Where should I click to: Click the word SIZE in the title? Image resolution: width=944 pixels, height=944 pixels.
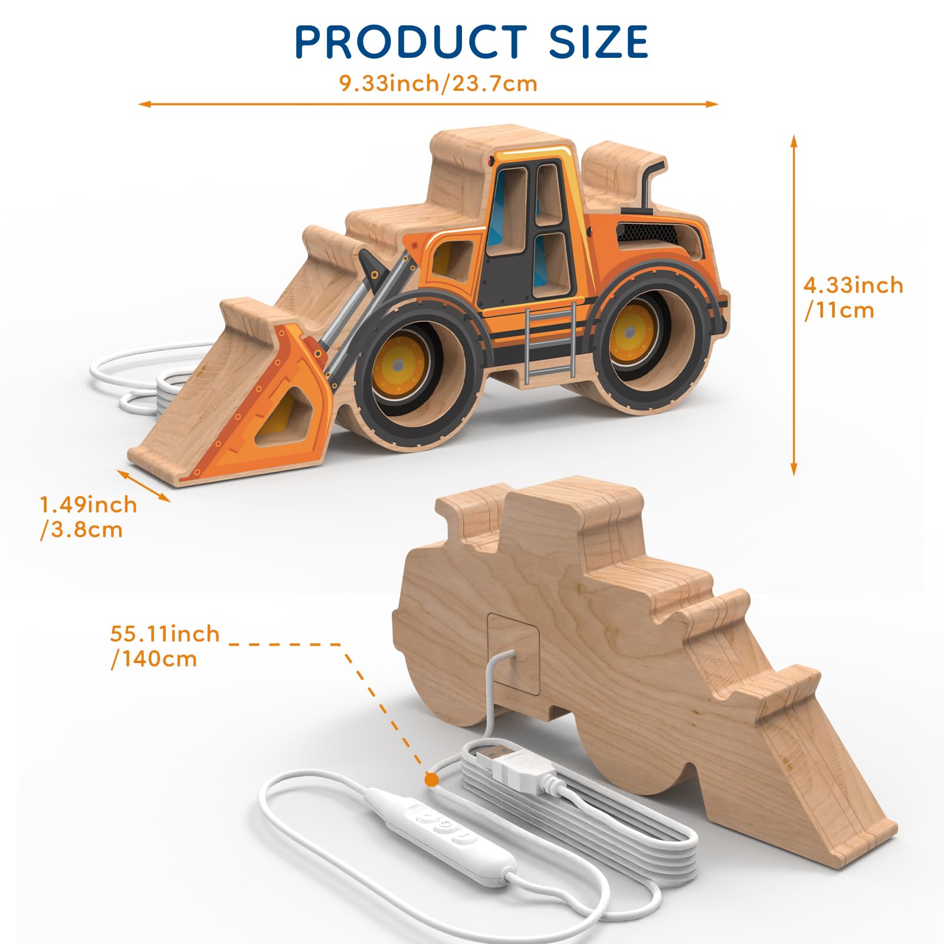coord(599,41)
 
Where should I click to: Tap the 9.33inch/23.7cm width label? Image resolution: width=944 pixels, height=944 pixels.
coord(438,83)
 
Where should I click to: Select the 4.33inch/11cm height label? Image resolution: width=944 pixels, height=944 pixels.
coord(853,297)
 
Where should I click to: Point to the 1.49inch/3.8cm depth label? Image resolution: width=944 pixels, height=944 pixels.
coord(88,517)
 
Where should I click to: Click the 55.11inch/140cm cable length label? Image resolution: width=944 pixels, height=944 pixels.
coord(165,646)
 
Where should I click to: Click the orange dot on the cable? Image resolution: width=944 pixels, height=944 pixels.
coord(432,779)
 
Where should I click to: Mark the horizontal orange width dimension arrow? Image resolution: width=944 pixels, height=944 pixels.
coord(428,104)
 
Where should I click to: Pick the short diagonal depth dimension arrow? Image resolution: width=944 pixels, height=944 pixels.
coord(143,486)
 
